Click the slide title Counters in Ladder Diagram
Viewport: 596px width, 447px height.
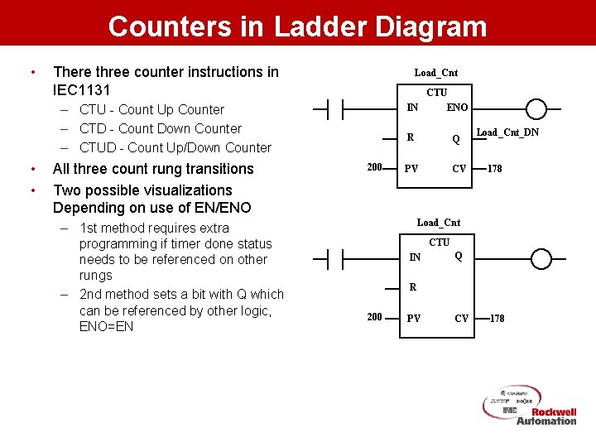pos(297,26)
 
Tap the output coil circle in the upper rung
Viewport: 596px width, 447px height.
pos(537,109)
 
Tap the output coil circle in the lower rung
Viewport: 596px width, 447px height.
pos(541,259)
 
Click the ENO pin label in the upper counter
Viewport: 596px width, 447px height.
pos(457,108)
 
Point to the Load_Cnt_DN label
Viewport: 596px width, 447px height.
pos(507,132)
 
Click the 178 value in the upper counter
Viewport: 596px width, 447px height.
pos(494,169)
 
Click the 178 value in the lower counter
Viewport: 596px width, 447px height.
pos(497,318)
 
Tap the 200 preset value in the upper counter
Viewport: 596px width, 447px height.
pos(374,168)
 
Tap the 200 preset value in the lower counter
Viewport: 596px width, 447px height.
pos(374,317)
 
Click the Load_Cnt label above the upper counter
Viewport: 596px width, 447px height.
pos(436,73)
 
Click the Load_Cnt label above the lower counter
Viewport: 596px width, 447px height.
pos(439,222)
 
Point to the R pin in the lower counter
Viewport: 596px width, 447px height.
pos(413,288)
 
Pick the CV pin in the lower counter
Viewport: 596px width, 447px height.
pos(461,319)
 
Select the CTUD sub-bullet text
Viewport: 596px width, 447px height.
pos(175,147)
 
